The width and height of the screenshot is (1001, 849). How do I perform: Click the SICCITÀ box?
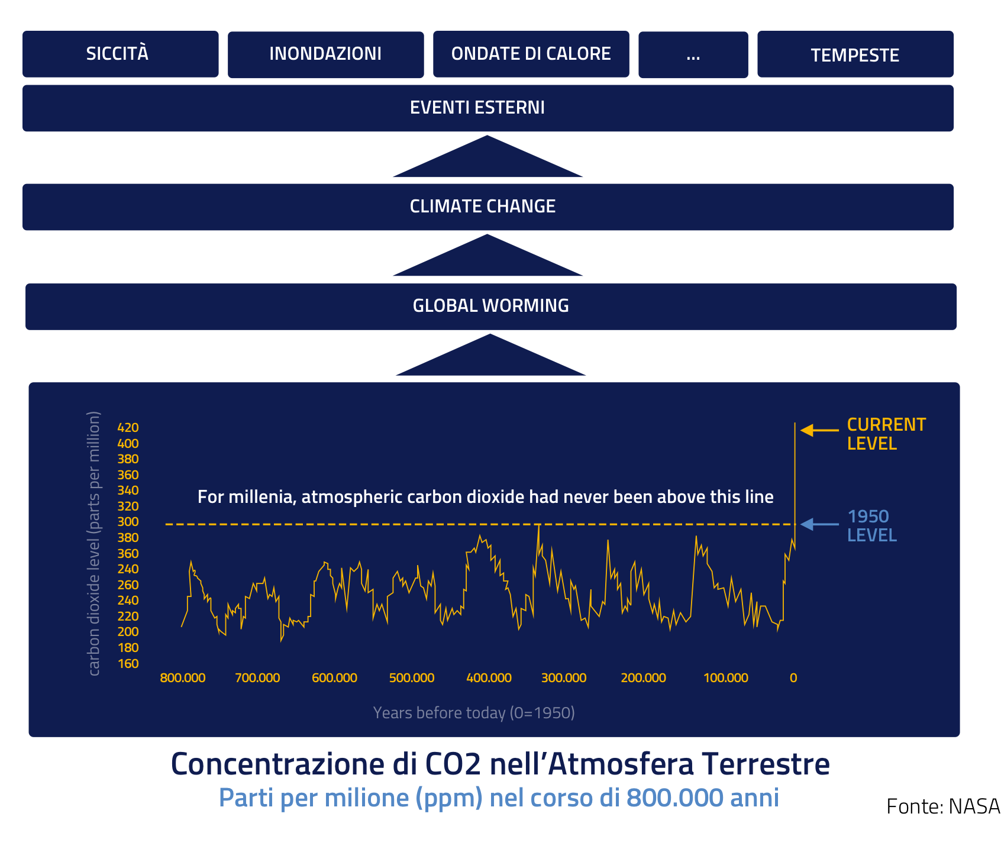coord(120,54)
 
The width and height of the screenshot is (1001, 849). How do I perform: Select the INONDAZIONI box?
coord(325,54)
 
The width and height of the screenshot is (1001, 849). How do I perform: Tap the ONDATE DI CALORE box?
coord(531,54)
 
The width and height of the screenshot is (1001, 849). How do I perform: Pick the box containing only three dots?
coord(693,54)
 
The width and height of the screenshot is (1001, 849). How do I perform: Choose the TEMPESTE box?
coord(855,54)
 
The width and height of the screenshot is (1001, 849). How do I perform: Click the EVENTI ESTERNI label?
coord(477,108)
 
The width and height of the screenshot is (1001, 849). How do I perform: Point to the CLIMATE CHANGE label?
coord(482,206)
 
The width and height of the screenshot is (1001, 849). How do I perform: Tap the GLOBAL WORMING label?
coord(490,306)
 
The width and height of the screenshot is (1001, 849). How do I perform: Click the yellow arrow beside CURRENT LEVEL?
coord(819,430)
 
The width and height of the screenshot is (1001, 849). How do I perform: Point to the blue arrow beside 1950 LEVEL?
coord(819,524)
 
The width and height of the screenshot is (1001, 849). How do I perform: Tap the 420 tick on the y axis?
coord(128,427)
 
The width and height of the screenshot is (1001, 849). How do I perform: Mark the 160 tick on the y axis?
coord(128,663)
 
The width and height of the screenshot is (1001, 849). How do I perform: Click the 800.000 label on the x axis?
coord(182,678)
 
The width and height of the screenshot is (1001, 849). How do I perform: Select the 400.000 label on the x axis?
coord(489,678)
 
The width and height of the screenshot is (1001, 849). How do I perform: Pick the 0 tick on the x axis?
coord(793,678)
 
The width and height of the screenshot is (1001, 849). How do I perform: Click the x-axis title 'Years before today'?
coord(473,713)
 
